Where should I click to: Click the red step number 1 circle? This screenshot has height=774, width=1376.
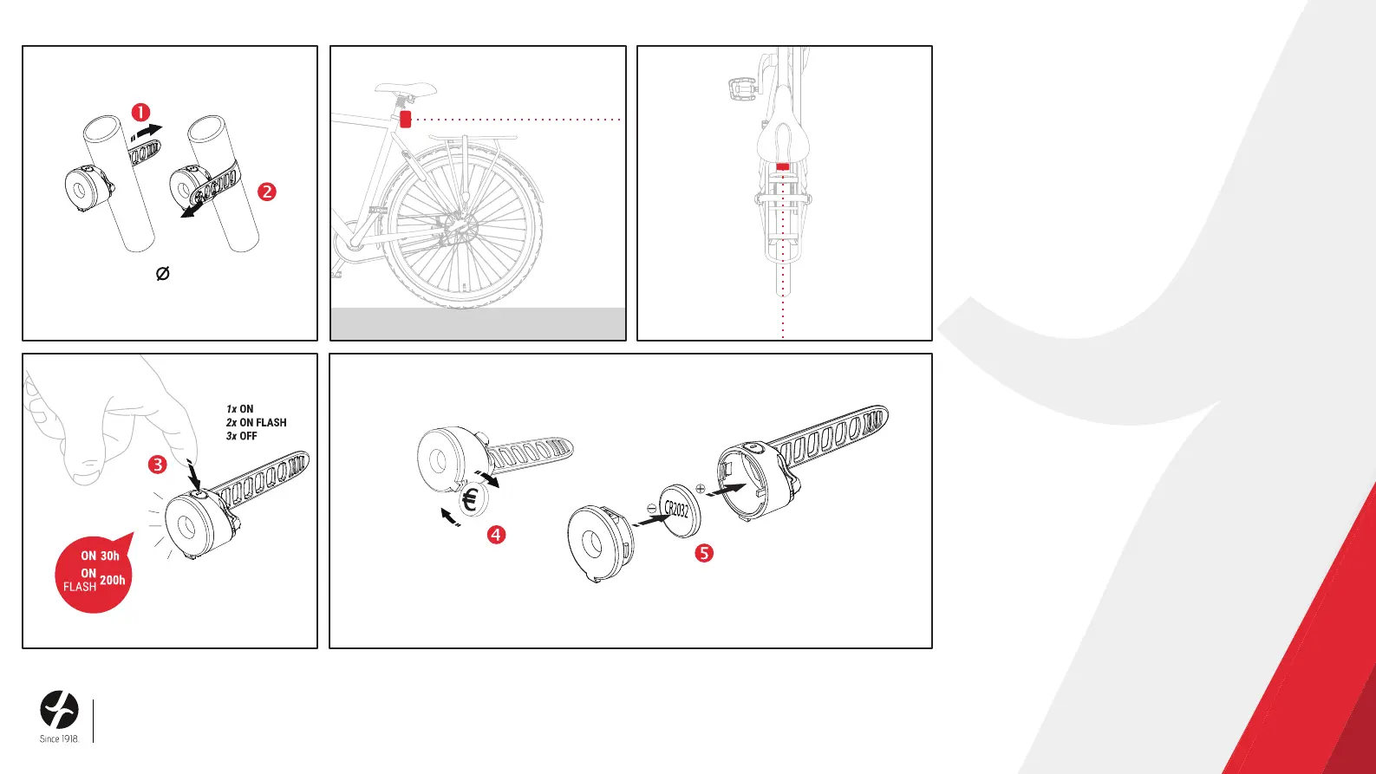click(x=140, y=113)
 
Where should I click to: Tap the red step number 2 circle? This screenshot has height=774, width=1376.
click(x=266, y=192)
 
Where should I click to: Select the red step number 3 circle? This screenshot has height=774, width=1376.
click(x=157, y=465)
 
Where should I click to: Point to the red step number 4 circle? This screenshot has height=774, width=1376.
click(x=496, y=535)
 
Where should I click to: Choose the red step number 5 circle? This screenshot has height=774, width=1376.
click(x=704, y=553)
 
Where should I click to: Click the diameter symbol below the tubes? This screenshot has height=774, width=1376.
click(x=163, y=273)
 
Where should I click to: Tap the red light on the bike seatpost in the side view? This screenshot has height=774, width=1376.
click(x=405, y=119)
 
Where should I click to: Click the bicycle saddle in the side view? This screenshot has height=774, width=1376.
click(x=406, y=88)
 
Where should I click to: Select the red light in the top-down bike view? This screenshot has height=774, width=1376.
click(x=782, y=166)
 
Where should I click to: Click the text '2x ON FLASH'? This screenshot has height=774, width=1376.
click(x=256, y=423)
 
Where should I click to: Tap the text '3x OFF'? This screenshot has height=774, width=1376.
click(x=241, y=436)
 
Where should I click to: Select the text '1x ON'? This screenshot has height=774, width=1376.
click(x=239, y=409)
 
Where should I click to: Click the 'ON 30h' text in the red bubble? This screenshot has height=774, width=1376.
click(x=100, y=556)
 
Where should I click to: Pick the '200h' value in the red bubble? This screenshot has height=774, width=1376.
click(x=113, y=580)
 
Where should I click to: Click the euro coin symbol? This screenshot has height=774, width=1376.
click(x=471, y=499)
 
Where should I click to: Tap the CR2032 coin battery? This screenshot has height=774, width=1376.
click(x=679, y=511)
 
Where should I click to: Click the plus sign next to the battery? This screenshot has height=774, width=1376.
click(x=701, y=489)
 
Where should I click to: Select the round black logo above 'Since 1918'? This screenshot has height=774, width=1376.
click(x=60, y=710)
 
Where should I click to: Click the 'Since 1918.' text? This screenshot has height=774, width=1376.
click(x=60, y=739)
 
